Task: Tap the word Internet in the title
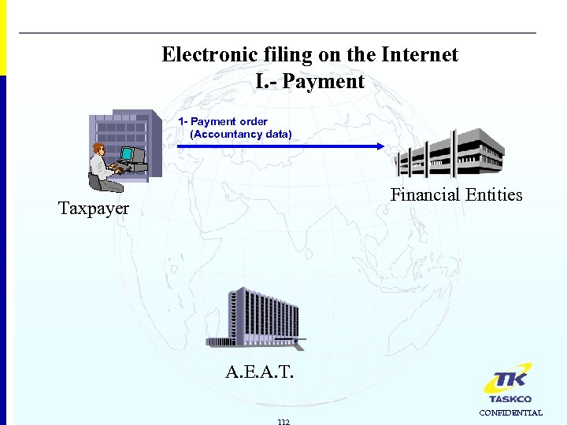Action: click(x=419, y=54)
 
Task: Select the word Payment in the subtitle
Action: click(x=323, y=81)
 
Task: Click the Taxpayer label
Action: click(x=94, y=209)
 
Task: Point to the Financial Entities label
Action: click(x=456, y=194)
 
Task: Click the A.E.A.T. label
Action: click(x=259, y=371)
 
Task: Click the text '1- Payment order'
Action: click(x=223, y=121)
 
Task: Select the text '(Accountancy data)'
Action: click(x=240, y=134)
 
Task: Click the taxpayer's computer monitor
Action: click(x=132, y=155)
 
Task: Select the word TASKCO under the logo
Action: click(x=510, y=399)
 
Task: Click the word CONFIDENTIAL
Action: click(x=511, y=412)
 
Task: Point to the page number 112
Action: click(x=283, y=421)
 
